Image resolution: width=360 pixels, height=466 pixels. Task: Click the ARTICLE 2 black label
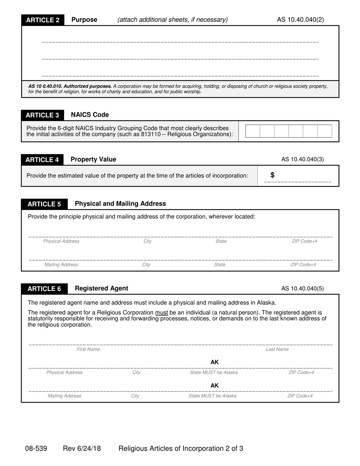(x=43, y=20)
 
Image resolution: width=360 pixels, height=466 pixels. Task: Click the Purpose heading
(x=84, y=20)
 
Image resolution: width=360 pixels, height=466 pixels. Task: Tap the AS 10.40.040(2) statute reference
(x=300, y=20)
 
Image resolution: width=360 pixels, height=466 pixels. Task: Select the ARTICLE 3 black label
(x=42, y=115)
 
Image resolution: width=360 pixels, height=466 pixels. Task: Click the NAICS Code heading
(x=90, y=115)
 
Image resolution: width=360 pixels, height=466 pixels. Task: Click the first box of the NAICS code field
(x=253, y=131)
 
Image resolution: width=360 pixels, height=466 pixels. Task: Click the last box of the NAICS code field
(x=324, y=131)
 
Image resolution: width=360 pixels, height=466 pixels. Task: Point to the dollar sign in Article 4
(x=272, y=175)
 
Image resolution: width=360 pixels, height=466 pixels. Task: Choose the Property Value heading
(x=93, y=160)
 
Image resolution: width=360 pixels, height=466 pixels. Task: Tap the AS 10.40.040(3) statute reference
(x=302, y=160)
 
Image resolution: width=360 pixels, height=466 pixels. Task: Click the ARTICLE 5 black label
(x=44, y=204)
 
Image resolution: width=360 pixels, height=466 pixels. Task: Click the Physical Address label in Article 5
(x=61, y=241)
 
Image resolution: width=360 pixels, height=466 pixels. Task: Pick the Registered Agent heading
(x=102, y=289)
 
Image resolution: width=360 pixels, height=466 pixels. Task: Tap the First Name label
(x=88, y=349)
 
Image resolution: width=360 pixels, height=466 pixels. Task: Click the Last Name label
(x=277, y=349)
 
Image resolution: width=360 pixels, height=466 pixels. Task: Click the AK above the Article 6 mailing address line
(x=214, y=386)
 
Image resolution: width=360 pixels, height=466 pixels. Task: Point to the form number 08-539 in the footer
(x=36, y=449)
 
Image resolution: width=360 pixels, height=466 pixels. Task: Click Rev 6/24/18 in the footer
(x=82, y=449)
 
